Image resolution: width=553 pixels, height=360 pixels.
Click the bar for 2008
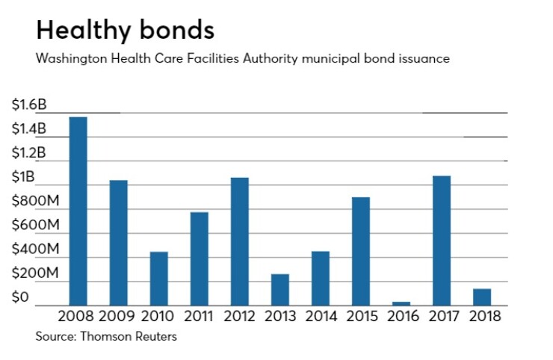pos(78,211)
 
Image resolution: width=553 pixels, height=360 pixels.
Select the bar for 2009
pos(118,243)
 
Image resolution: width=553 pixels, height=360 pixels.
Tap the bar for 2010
pos(158,279)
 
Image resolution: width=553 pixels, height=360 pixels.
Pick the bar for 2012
pos(239,241)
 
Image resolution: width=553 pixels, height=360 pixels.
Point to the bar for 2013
pos(279,290)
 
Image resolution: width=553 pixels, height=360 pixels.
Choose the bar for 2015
pos(360,251)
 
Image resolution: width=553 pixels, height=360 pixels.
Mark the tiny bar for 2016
pos(401,303)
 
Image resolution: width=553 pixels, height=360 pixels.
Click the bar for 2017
pos(442,240)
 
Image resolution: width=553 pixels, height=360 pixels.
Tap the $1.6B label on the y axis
pos(29,105)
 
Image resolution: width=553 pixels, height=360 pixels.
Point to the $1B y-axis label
pos(23,177)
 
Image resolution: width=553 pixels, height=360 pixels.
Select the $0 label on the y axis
pos(20,298)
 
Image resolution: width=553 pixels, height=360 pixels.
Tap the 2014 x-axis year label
pos(320,317)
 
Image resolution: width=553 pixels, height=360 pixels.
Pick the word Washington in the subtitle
pos(69,58)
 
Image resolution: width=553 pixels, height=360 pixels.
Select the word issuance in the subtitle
pos(424,58)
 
